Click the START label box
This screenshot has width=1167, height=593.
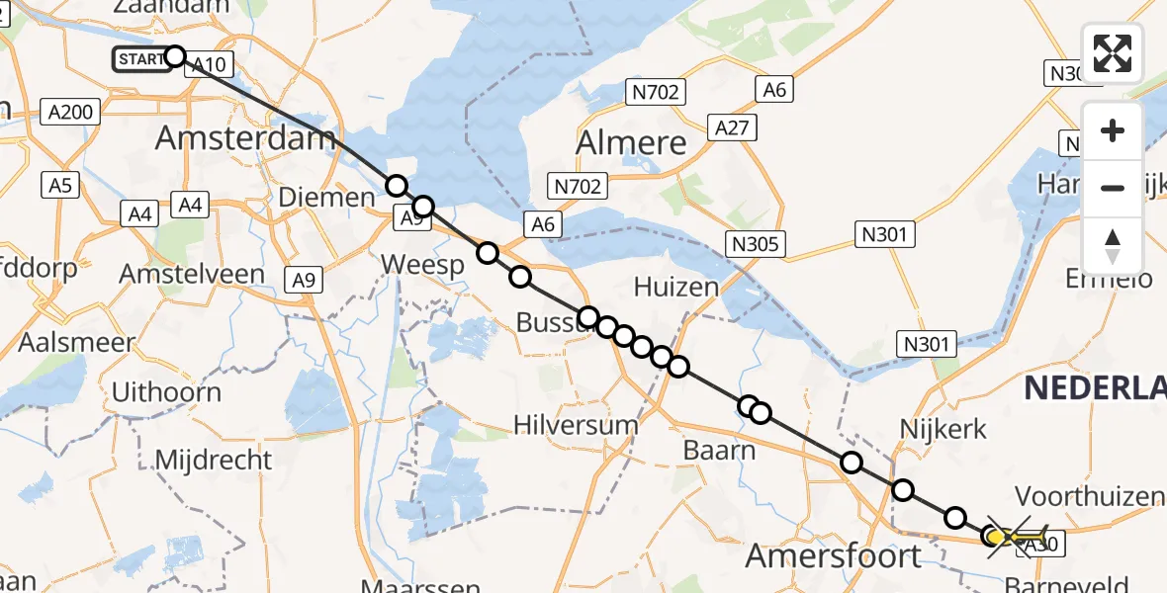[141, 59]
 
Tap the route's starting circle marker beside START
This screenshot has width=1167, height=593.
[174, 56]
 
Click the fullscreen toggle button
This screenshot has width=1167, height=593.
[1113, 52]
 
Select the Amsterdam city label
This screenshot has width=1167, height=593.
[245, 138]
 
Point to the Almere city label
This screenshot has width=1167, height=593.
[632, 143]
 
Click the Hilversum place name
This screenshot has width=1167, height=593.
[576, 425]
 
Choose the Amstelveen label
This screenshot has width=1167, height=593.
[192, 274]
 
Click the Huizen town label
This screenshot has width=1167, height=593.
[675, 288]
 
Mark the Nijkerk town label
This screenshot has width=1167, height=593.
[943, 429]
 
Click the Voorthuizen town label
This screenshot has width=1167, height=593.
[1085, 495]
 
